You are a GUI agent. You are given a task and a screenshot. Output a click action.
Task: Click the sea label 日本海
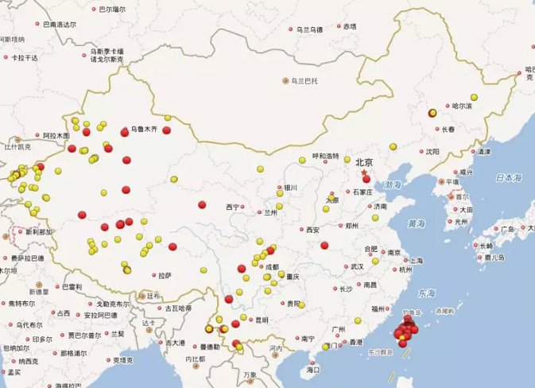click(506, 176)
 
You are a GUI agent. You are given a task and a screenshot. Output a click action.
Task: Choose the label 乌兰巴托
click(303, 80)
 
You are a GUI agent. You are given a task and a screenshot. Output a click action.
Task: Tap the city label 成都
click(273, 267)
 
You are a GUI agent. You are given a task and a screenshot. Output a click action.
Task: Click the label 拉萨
click(165, 275)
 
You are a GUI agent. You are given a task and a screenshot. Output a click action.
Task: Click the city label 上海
click(415, 260)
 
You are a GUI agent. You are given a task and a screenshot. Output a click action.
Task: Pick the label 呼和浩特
click(325, 156)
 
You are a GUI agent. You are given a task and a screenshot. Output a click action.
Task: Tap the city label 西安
click(312, 230)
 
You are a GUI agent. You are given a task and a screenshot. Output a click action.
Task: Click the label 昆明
click(262, 320)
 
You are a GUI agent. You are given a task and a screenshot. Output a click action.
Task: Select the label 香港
click(355, 342)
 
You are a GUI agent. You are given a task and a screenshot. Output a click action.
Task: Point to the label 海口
click(312, 370)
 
